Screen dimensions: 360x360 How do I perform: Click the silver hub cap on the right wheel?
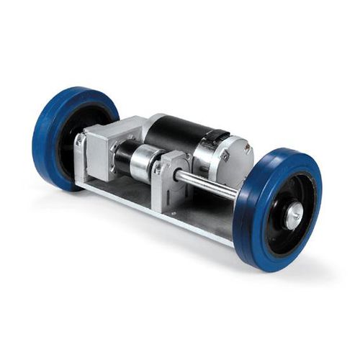click(x=296, y=214)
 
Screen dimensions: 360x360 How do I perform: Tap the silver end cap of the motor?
click(x=235, y=155)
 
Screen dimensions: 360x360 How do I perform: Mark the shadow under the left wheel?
click(x=72, y=193)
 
